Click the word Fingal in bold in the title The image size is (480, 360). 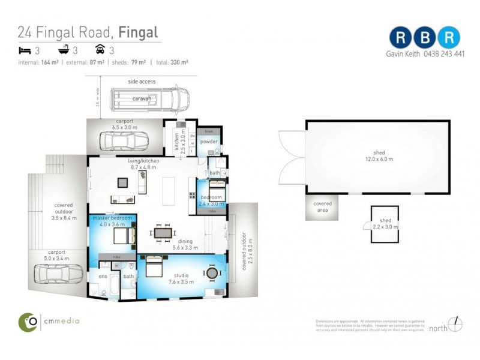[138, 32]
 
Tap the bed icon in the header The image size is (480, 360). [23, 50]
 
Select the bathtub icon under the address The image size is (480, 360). [62, 50]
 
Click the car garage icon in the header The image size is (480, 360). [100, 50]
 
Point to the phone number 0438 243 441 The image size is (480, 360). [441, 53]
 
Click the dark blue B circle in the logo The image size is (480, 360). [425, 37]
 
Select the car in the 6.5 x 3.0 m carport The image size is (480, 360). [125, 141]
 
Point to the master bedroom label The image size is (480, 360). [108, 217]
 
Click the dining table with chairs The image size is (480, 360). [163, 233]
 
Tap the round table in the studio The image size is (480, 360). [212, 273]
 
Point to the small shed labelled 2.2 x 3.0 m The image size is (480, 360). [384, 224]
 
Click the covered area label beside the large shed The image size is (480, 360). [322, 207]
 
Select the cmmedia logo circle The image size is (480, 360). [28, 322]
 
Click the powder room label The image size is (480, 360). [209, 142]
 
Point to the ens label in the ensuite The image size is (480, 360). [103, 277]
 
